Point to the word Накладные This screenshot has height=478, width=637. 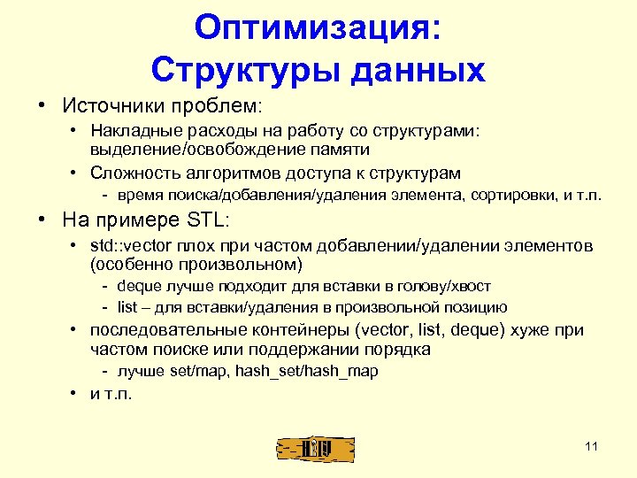pyautogui.click(x=134, y=132)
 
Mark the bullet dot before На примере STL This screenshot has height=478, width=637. pyautogui.click(x=42, y=218)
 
